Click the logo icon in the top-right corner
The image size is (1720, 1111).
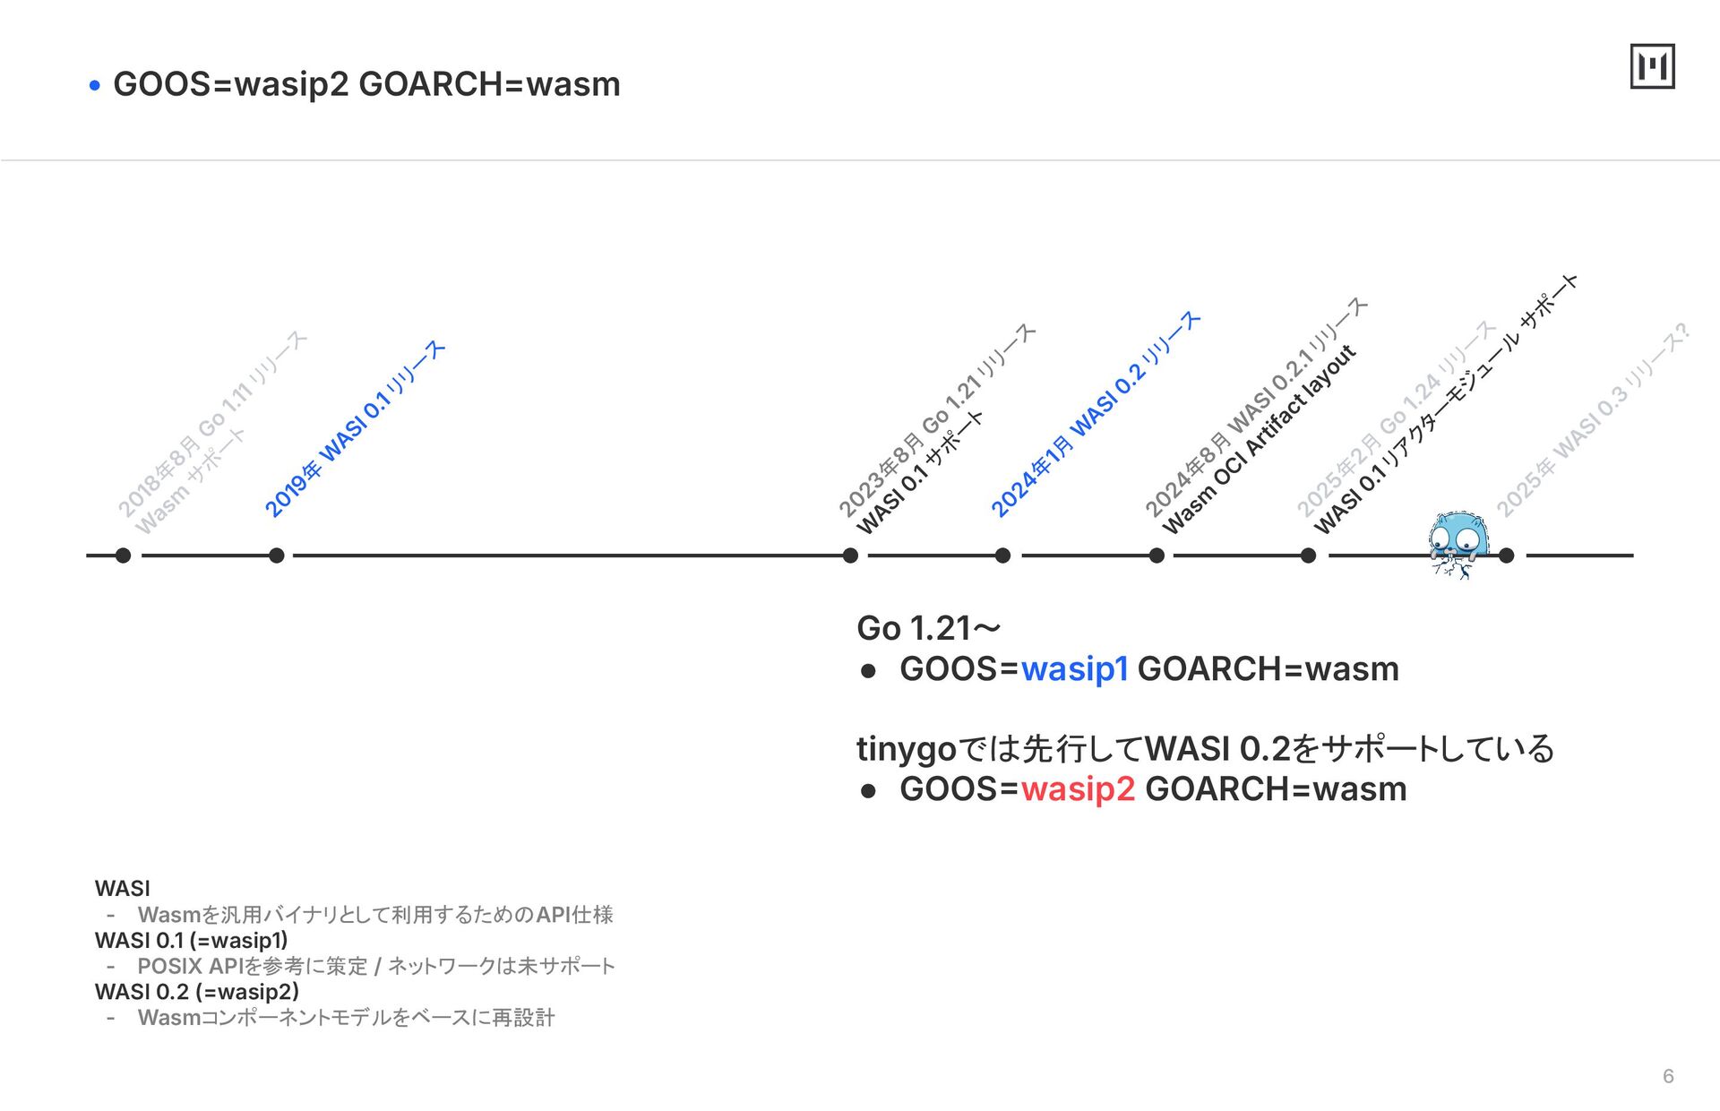pyautogui.click(x=1652, y=66)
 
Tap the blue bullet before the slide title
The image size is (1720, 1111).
pyautogui.click(x=95, y=86)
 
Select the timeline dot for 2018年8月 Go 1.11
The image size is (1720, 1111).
pyautogui.click(x=124, y=555)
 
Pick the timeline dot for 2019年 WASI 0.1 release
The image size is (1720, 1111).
pyautogui.click(x=277, y=555)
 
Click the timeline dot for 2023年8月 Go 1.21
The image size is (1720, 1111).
pyautogui.click(x=850, y=555)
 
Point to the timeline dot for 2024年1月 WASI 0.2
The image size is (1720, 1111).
pyautogui.click(x=1002, y=555)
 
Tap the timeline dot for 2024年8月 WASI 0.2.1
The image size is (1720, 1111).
pyautogui.click(x=1157, y=555)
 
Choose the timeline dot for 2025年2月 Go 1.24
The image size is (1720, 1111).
pyautogui.click(x=1308, y=555)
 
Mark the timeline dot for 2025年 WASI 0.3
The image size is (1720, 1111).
pyautogui.click(x=1507, y=555)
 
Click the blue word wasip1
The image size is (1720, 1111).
pyautogui.click(x=1074, y=669)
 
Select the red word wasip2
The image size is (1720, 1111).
pyautogui.click(x=1078, y=789)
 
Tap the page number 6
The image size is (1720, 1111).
pyautogui.click(x=1668, y=1076)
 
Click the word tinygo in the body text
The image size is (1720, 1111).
pyautogui.click(x=907, y=749)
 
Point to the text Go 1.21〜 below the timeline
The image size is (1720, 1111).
pyautogui.click(x=928, y=628)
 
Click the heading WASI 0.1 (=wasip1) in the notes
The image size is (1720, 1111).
pyautogui.click(x=192, y=941)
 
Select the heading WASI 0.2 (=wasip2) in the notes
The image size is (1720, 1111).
pyautogui.click(x=197, y=992)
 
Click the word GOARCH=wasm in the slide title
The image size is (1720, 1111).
pyautogui.click(x=489, y=84)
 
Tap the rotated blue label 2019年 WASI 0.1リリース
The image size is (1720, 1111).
pyautogui.click(x=355, y=428)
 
